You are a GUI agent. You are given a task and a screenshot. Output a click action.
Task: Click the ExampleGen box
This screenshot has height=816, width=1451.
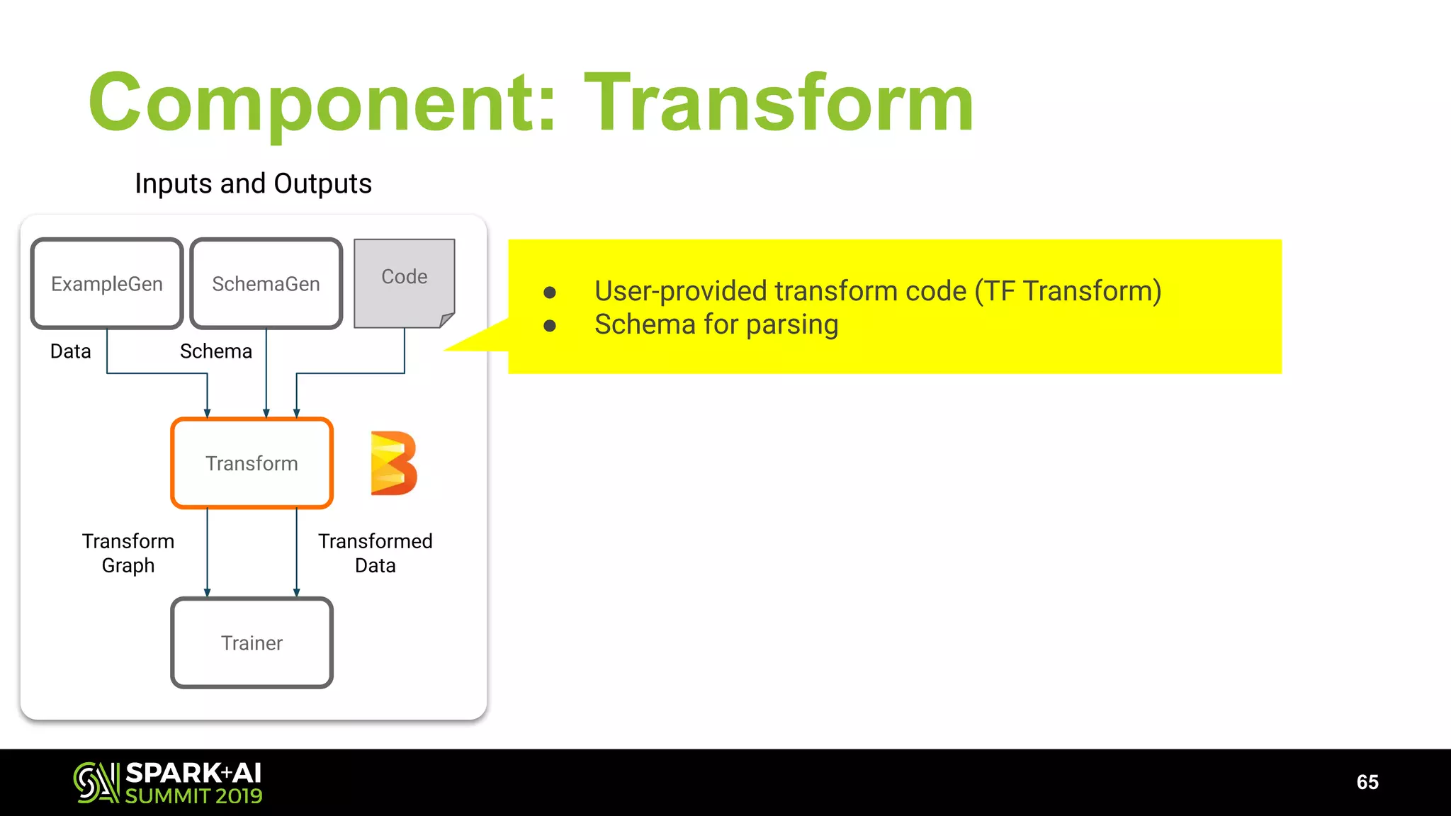[x=107, y=283]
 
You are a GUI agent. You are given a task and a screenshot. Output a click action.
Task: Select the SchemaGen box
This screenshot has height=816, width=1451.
[x=266, y=283]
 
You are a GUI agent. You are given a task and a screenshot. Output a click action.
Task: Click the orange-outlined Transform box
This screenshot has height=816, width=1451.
[x=252, y=463]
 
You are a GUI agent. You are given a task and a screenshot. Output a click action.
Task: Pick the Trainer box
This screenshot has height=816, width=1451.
[x=252, y=642]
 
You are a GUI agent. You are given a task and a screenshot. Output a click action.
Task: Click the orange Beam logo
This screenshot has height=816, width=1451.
[x=394, y=463]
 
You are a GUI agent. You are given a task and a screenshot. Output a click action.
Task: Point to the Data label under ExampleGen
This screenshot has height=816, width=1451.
[x=70, y=351]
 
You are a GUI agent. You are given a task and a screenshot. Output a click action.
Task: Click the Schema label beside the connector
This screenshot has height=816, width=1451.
[x=215, y=351]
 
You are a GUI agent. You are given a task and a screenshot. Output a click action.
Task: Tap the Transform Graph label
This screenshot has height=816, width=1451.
[x=128, y=553]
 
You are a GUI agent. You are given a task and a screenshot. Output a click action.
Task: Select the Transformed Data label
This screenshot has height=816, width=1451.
[x=375, y=553]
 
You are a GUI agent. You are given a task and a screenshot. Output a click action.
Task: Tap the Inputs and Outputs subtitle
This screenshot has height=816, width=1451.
[x=253, y=183]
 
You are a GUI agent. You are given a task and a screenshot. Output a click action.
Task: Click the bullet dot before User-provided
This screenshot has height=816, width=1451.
[x=550, y=292]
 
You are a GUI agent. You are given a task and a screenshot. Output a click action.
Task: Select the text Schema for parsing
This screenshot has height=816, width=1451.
[x=716, y=324]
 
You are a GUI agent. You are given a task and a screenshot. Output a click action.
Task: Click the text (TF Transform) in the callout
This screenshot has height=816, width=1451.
[x=1068, y=291]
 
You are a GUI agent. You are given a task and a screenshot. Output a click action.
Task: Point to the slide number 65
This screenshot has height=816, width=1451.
[x=1367, y=782]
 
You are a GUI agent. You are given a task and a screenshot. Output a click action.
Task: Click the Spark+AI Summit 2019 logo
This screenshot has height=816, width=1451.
[x=168, y=782]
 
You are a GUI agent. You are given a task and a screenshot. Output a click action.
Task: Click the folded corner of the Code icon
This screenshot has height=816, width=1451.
[x=446, y=320]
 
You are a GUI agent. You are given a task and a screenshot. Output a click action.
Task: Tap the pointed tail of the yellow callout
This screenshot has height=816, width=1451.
[x=461, y=346]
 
